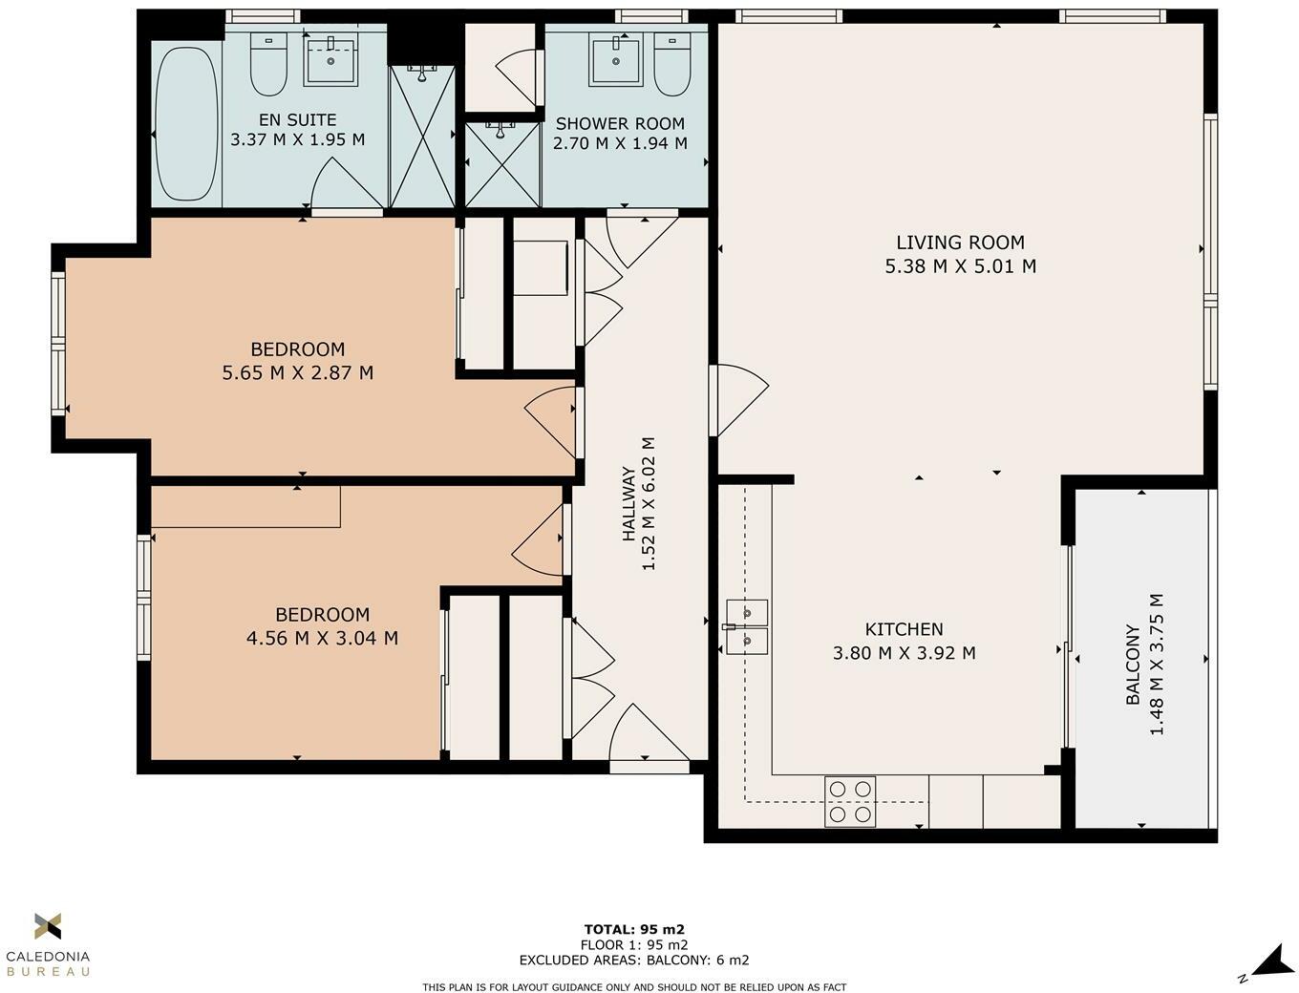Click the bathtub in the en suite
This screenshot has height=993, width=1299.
187,124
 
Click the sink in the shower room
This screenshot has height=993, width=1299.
615,60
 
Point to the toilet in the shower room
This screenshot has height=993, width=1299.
672,65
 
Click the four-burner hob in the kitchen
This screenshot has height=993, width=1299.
850,801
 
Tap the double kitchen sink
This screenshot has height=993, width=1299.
747,626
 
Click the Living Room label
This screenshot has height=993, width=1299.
960,243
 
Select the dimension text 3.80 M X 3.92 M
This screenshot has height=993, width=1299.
904,653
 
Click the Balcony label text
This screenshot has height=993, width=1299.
1133,665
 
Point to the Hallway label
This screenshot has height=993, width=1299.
628,503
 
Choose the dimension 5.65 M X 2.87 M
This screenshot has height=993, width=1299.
297,372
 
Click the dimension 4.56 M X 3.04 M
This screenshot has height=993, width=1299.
322,638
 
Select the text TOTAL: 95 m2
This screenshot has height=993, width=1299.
634,929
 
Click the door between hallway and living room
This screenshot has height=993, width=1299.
737,400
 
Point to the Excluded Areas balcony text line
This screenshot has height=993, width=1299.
634,961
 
